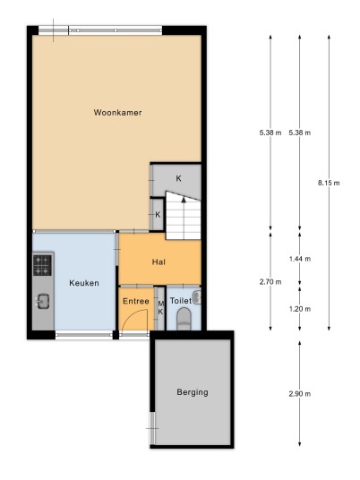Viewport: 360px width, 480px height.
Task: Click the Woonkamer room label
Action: click(117, 112)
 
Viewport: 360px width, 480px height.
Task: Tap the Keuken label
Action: click(84, 283)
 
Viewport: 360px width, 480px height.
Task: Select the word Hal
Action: click(159, 261)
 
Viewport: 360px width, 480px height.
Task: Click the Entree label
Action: click(136, 301)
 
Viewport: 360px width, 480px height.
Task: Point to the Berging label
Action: click(193, 392)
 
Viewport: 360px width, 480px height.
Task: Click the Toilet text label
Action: click(181, 301)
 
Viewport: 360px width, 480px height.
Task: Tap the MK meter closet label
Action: click(160, 308)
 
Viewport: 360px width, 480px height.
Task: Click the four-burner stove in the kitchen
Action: click(42, 265)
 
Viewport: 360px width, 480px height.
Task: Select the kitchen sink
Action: click(43, 301)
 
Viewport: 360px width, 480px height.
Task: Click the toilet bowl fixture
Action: click(184, 319)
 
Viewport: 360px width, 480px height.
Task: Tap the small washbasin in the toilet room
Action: click(197, 297)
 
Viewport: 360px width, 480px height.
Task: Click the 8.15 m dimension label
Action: click(329, 183)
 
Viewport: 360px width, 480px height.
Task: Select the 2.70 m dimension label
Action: click(270, 281)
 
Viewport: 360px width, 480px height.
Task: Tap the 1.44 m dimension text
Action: click(300, 259)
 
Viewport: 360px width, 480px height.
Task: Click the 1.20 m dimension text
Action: click(300, 309)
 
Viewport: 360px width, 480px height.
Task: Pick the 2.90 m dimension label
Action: click(300, 394)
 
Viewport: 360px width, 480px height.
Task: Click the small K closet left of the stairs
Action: click(158, 215)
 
